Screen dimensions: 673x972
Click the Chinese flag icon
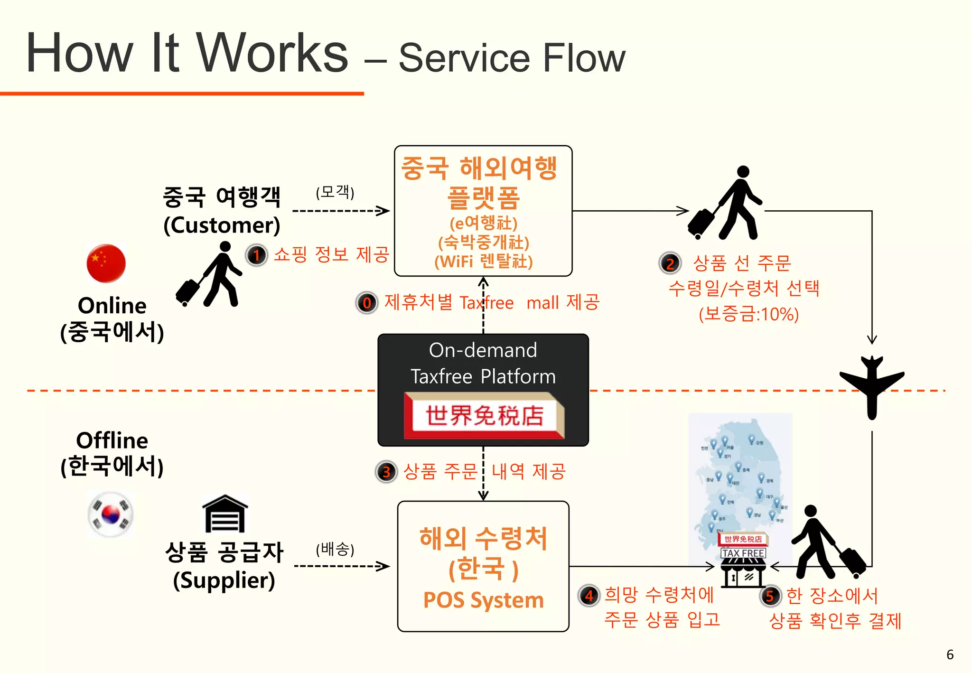(x=106, y=263)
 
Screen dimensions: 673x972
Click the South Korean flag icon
(x=111, y=514)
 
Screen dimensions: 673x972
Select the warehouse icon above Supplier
(x=225, y=514)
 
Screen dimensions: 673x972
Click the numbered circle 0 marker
(x=367, y=303)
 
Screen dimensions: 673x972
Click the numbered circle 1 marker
(x=257, y=255)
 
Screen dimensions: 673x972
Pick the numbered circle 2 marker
(x=670, y=263)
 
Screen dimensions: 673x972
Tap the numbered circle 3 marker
(x=386, y=472)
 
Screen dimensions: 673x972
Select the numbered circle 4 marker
(x=589, y=595)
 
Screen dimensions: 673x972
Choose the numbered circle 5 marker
(x=770, y=596)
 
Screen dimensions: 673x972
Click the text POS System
(x=483, y=600)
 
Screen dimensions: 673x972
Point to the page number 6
(x=950, y=654)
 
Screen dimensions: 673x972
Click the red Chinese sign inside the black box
(x=484, y=416)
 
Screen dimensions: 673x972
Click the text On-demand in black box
(x=483, y=350)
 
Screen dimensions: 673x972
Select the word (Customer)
(x=222, y=225)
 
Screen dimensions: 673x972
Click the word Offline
(x=112, y=440)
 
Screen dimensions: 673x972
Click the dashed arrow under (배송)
(x=342, y=566)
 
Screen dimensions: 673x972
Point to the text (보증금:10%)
(x=748, y=314)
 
